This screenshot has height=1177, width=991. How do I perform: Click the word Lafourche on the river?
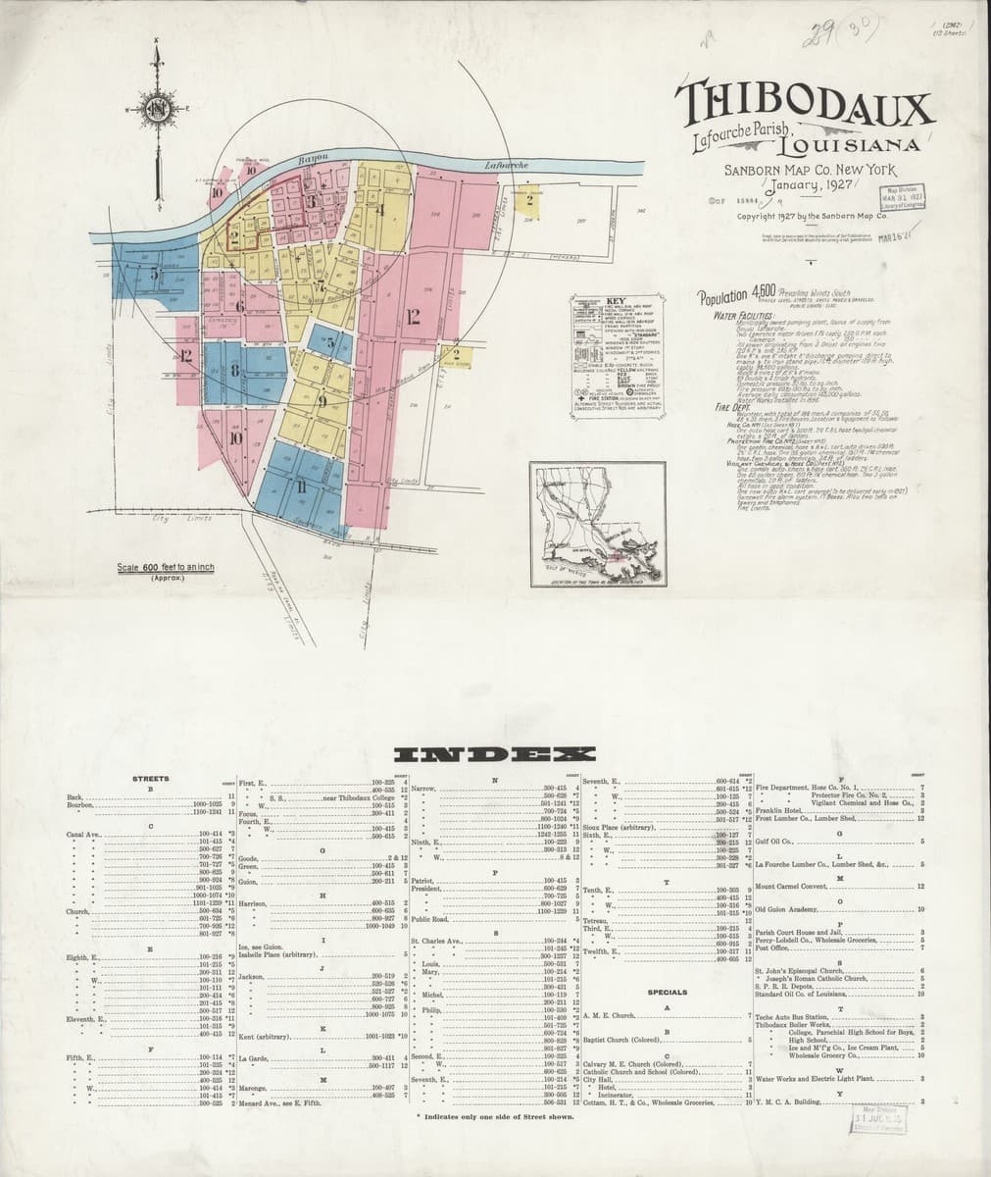[x=508, y=166]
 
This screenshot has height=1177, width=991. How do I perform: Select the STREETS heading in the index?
[x=150, y=779]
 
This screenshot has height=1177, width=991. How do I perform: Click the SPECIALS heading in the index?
[x=667, y=992]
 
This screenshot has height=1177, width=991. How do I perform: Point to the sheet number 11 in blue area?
[x=301, y=487]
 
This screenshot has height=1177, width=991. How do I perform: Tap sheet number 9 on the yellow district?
[x=322, y=399]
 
